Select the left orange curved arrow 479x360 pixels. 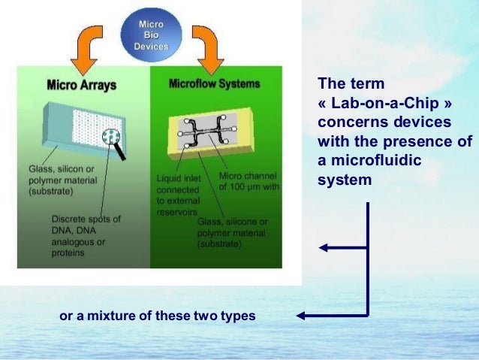pos(88,44)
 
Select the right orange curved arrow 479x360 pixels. pos(205,44)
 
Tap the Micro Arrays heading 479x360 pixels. pos(82,85)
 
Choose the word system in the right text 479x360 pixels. pos(345,180)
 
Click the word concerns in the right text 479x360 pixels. pos(351,122)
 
